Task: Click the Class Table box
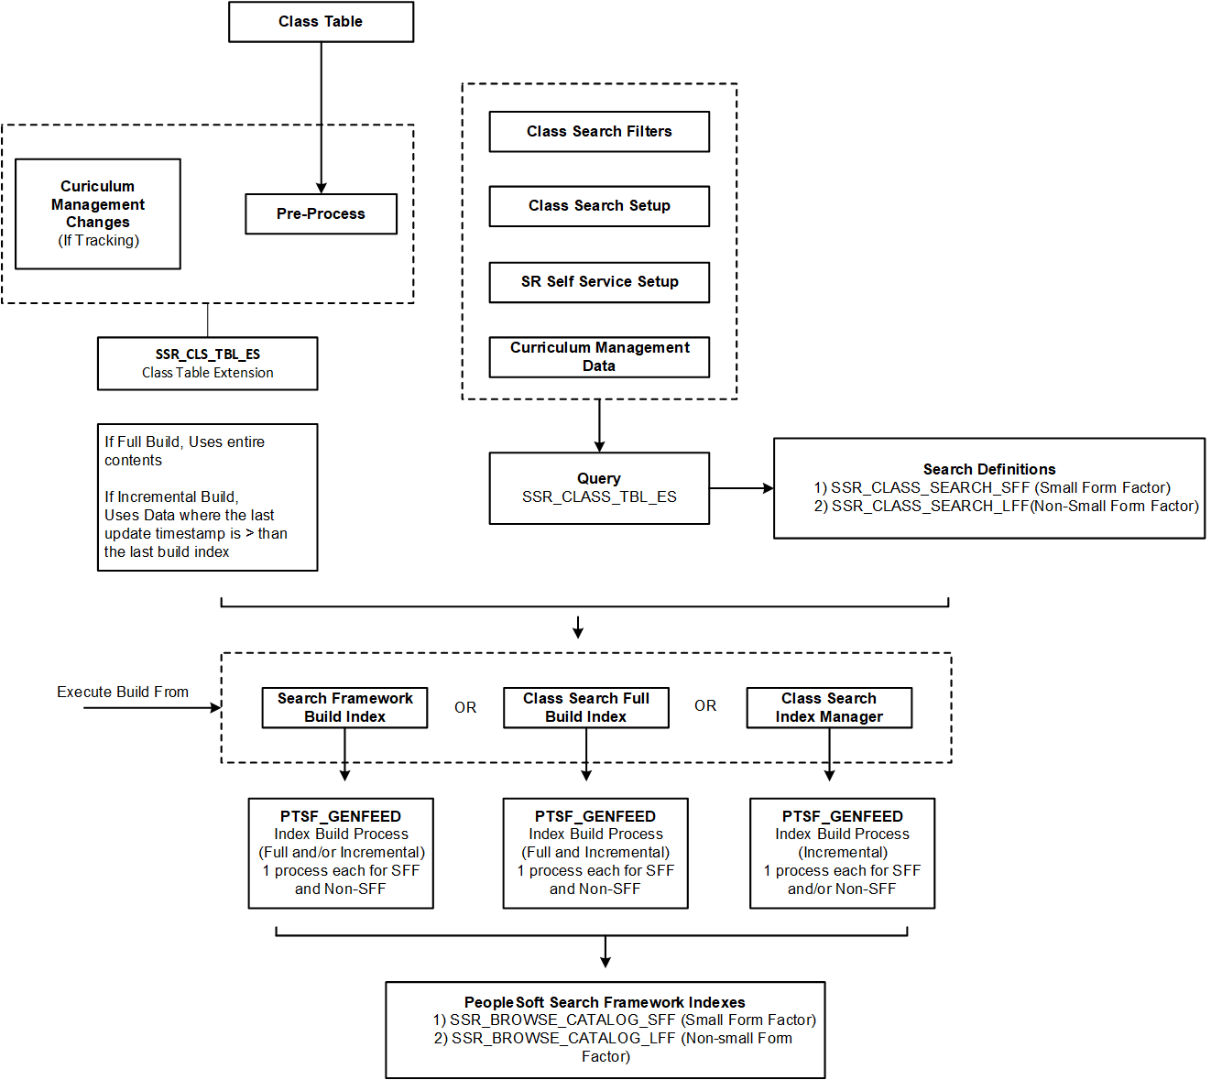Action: (321, 22)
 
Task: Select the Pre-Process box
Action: (321, 213)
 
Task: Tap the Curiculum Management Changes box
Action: (98, 213)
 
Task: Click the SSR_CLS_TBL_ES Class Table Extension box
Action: (207, 364)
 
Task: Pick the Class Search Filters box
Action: (599, 132)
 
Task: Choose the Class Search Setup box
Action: (599, 206)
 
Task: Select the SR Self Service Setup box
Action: (599, 282)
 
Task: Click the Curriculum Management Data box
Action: (599, 356)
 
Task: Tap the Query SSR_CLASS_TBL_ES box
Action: (599, 488)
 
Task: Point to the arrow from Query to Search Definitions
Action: (741, 488)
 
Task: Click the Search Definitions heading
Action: (988, 469)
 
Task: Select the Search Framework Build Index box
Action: (344, 707)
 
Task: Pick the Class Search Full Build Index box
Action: (585, 707)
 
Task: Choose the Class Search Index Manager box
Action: (829, 707)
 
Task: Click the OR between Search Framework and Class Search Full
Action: (465, 707)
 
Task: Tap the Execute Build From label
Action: (123, 692)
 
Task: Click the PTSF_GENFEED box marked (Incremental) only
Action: (842, 853)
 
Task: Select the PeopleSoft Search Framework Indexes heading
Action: (605, 1002)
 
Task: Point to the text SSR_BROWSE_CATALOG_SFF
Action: (562, 1020)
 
